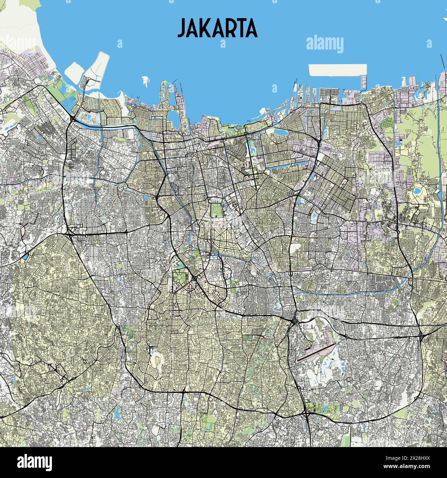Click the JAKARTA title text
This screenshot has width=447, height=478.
coord(217,28)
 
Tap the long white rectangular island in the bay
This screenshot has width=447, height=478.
coord(337,69)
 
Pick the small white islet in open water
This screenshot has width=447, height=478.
coord(146,81)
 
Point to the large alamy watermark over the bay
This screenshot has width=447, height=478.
coord(325,44)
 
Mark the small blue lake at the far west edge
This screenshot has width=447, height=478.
coord(26,256)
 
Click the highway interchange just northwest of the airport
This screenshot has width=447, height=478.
coord(294,322)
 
